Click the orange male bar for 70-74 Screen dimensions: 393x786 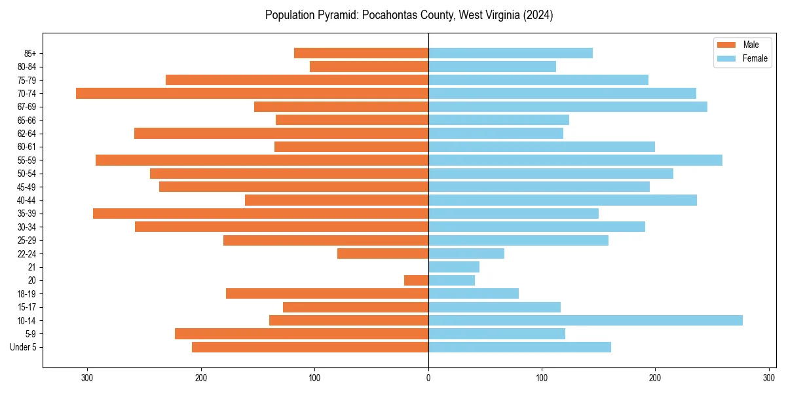252,93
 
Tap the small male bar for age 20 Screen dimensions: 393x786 417,280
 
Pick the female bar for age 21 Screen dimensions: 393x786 454,267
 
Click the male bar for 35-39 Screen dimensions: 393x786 261,214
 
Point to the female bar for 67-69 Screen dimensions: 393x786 568,107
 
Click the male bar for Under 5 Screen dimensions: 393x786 310,347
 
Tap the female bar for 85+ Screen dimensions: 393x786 510,53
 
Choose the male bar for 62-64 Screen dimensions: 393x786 282,133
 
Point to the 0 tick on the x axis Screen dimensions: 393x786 428,378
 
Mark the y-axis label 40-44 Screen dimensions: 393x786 26,200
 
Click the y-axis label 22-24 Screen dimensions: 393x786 26,253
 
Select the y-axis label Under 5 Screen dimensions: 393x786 24,347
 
